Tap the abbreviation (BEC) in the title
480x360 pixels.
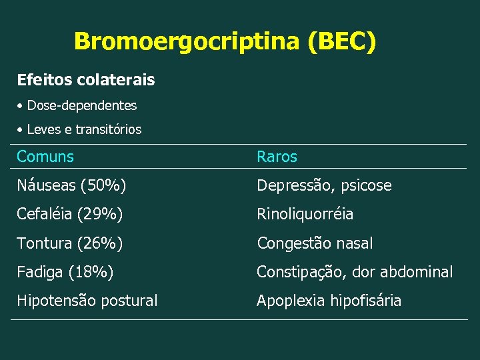click(x=342, y=42)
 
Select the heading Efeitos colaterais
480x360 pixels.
click(x=86, y=80)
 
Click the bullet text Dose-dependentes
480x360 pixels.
click(x=81, y=105)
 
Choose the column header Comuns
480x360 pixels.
click(x=45, y=157)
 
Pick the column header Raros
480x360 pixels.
click(x=277, y=157)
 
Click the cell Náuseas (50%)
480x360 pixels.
click(x=71, y=185)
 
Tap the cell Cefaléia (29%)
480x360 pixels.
click(x=69, y=214)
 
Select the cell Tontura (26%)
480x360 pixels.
click(x=69, y=243)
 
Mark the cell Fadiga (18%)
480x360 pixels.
click(x=65, y=272)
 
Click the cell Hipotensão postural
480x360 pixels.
click(x=87, y=301)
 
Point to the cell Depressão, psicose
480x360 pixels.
click(x=324, y=185)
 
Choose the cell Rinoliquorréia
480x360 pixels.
click(x=305, y=214)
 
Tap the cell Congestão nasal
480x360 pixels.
click(x=315, y=243)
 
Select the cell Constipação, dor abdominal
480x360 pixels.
click(x=355, y=272)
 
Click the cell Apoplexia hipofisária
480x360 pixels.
click(x=329, y=301)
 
